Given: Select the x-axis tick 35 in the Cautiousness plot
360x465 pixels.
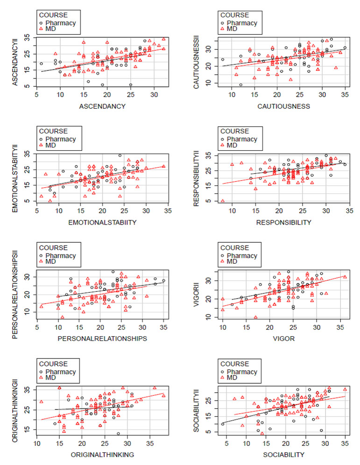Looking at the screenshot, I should click(x=345, y=95).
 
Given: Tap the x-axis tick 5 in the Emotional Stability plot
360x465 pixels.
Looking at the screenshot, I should click(x=36, y=211).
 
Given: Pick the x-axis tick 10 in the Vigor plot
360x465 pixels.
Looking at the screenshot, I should click(x=223, y=327).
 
